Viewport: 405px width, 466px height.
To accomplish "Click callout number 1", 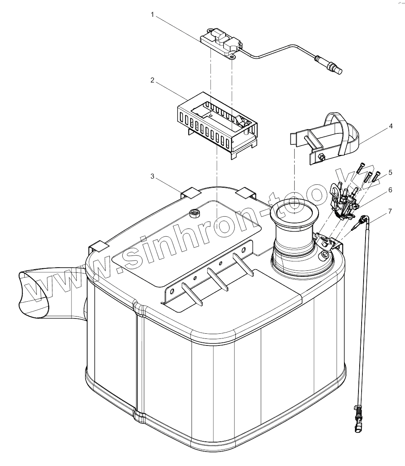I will tap(153, 15).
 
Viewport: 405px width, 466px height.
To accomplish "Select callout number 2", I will tap(152, 80).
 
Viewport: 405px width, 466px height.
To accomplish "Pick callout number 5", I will tap(391, 172).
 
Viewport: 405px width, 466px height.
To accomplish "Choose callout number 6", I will tap(391, 189).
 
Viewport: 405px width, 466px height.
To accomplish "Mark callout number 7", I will tap(390, 211).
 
